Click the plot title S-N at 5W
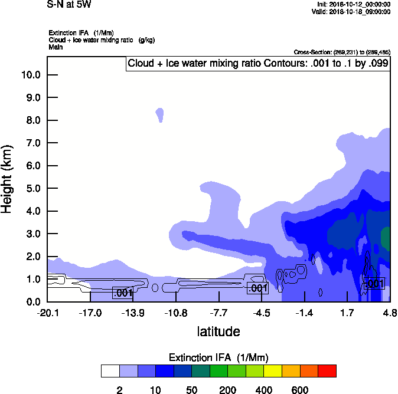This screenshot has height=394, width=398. [69, 5]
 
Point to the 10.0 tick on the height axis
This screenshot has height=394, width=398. [31, 75]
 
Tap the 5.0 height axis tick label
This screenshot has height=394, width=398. [31, 189]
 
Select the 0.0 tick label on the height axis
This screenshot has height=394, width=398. [31, 302]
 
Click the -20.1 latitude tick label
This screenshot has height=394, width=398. [47, 313]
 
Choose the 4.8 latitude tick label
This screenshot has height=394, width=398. [389, 313]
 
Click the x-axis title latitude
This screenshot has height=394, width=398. [218, 331]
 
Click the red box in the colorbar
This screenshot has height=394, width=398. [327, 371]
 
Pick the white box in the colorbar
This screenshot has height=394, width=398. [110, 371]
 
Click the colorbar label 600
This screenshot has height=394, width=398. [300, 390]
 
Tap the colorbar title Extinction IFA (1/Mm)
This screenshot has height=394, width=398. [219, 357]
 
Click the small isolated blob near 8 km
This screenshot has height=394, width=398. [159, 113]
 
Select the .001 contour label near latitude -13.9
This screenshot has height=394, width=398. [122, 293]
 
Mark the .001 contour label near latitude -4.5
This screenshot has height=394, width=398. [257, 288]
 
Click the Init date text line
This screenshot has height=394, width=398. [353, 5]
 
